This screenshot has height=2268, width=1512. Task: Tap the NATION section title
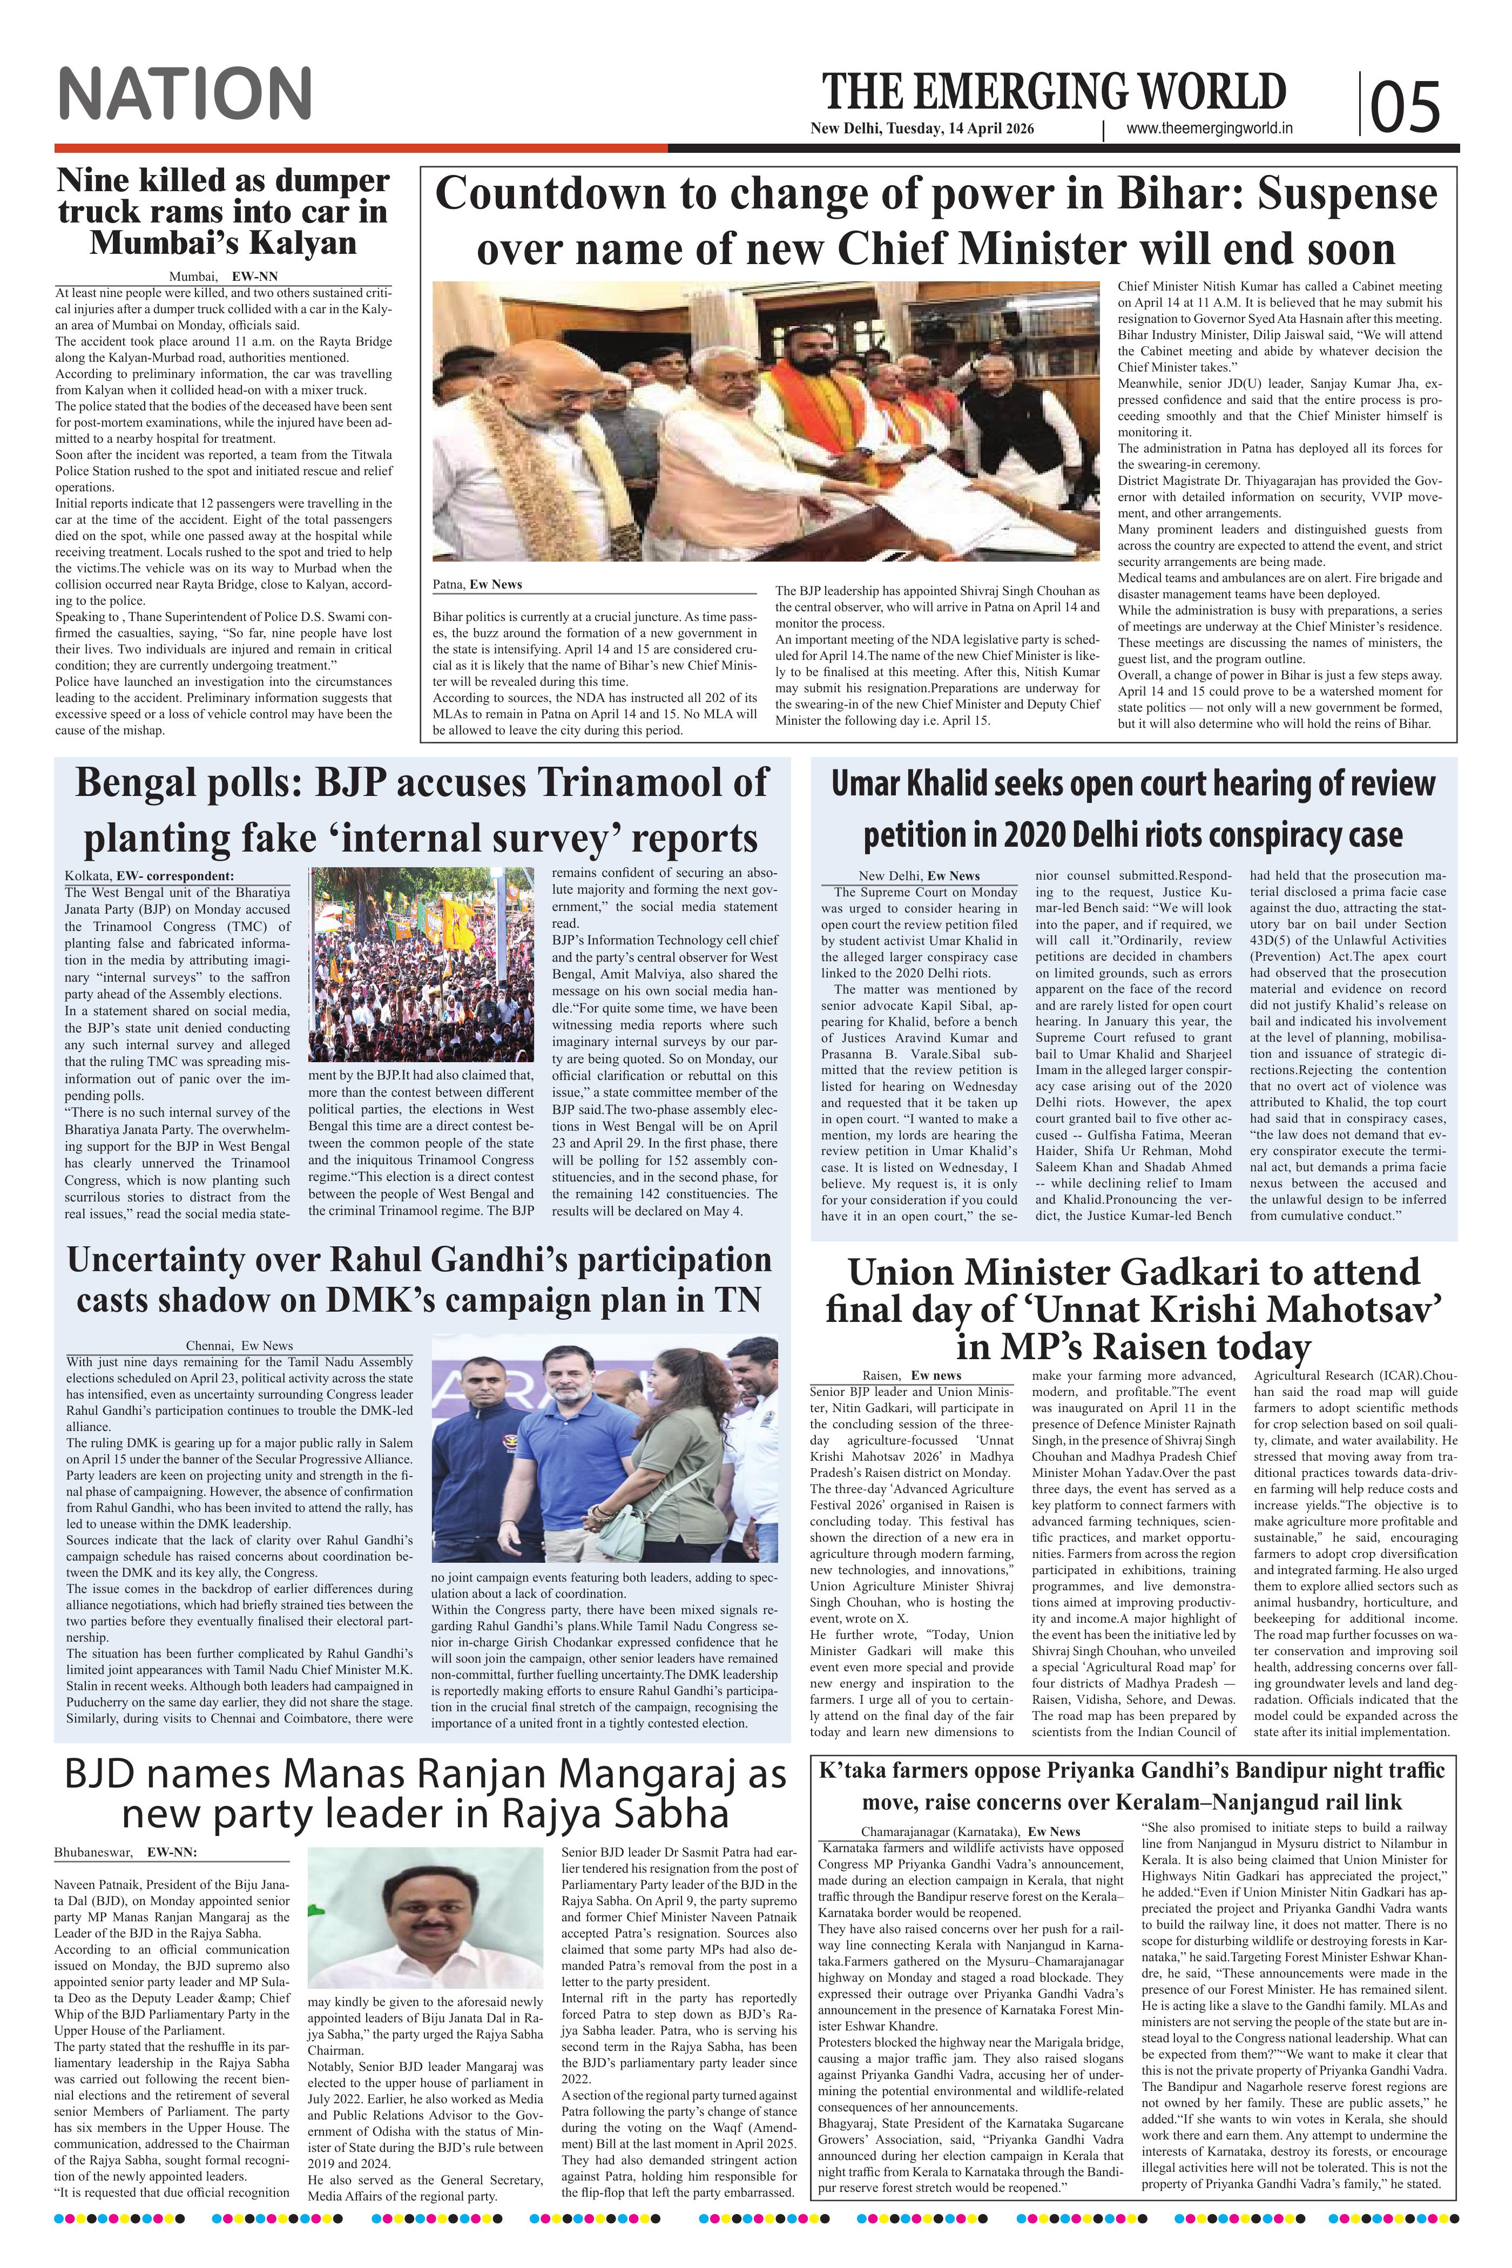pyautogui.click(x=185, y=94)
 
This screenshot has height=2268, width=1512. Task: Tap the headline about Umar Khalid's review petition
pyautogui.click(x=1133, y=809)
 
